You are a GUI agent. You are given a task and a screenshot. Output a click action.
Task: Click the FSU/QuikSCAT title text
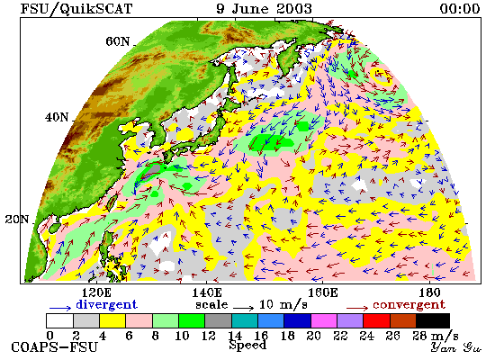pos(76,9)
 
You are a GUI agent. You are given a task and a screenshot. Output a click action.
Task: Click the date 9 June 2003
pos(264,8)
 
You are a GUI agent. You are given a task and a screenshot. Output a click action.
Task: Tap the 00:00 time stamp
pos(460,8)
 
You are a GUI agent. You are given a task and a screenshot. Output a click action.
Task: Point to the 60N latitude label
pos(118,41)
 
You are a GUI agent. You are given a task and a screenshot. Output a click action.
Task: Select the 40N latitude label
pos(57,118)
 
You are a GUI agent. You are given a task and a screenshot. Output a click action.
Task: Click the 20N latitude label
pos(17,220)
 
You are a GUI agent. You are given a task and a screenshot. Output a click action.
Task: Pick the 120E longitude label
pos(96,292)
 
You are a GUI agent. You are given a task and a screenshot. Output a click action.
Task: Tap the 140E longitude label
pos(207,292)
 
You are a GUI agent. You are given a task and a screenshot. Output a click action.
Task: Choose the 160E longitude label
pos(322,292)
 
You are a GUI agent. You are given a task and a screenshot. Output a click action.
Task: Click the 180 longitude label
pos(430,292)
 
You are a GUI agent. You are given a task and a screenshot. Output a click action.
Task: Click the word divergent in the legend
pos(107,304)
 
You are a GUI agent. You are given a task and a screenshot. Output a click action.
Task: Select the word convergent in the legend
pos(409,305)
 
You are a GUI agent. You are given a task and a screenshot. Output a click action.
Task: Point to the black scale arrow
pos(243,307)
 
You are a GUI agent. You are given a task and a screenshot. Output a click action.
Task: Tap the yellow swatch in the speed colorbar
pos(112,320)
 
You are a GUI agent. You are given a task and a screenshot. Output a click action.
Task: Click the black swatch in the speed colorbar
pos(433,320)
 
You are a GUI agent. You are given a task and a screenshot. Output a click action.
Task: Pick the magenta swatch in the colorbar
pos(324,320)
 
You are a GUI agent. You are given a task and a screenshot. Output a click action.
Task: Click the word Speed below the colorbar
pos(247,345)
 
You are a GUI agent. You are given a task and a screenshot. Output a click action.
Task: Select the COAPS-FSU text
pos(54,347)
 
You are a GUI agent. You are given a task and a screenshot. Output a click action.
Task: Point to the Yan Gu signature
pos(456,347)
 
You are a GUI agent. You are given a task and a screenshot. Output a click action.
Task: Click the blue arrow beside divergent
pos(60,308)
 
